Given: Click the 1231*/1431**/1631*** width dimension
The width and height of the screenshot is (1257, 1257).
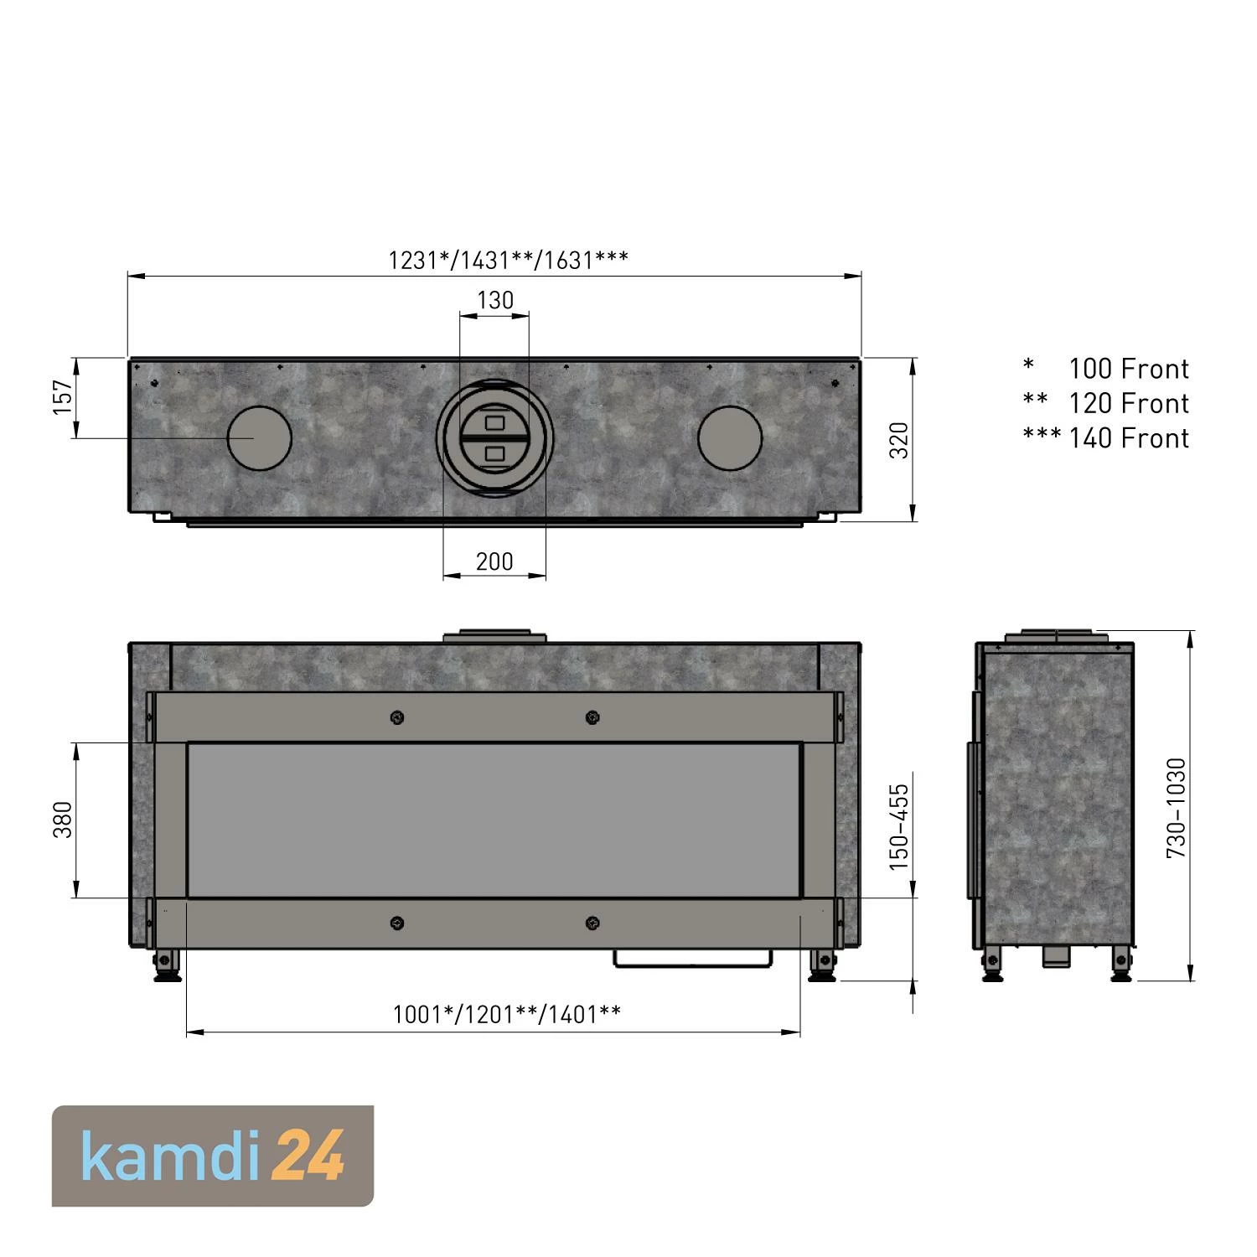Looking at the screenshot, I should [508, 260].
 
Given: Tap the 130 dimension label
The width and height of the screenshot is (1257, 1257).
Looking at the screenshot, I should [494, 300].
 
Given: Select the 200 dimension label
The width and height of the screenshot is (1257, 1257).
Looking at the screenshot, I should [494, 561].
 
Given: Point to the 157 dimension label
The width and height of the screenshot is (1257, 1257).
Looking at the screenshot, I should [63, 397].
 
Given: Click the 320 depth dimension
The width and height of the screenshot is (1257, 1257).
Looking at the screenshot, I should [898, 440].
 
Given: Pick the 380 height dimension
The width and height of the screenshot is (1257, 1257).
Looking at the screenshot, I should [63, 820].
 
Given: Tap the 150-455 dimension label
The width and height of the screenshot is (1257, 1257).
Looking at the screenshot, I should [898, 826].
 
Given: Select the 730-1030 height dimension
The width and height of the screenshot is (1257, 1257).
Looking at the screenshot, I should [1177, 807].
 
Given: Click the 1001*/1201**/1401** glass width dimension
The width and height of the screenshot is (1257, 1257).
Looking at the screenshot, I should [507, 1015].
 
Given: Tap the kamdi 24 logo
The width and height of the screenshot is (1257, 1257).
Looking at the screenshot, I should [213, 1156].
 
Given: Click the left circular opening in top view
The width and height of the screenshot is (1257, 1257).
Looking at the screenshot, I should [260, 438].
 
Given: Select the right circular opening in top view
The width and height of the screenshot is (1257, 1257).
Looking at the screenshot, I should [730, 438].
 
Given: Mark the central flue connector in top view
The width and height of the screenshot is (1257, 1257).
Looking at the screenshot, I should [494, 438].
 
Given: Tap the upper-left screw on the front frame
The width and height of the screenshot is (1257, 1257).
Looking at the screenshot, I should [397, 717].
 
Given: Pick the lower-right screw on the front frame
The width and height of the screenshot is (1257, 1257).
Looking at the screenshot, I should [592, 923].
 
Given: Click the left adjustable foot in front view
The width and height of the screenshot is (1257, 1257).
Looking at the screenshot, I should [165, 965].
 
